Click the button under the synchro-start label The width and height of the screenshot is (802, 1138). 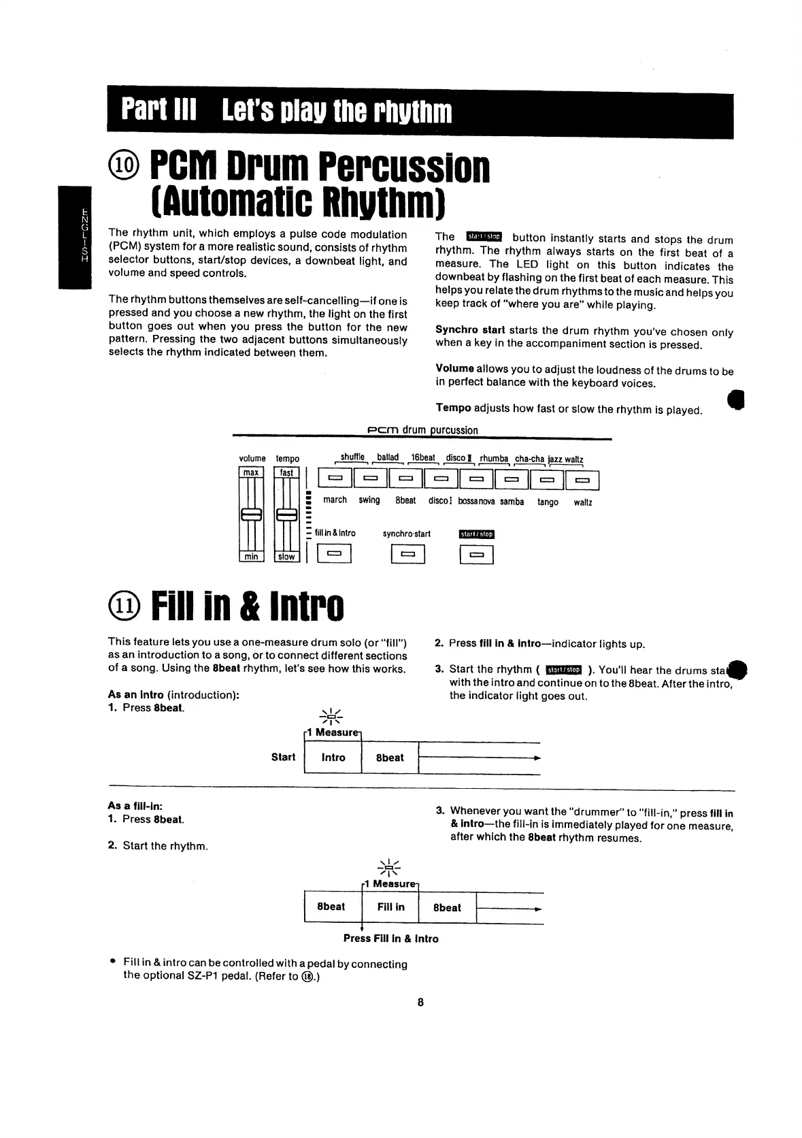pos(408,555)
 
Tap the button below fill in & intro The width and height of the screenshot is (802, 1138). pos(333,555)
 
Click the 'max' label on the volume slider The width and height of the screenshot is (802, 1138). pos(251,472)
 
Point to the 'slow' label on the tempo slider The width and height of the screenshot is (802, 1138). pos(286,557)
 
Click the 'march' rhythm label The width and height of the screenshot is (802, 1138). pos(335,500)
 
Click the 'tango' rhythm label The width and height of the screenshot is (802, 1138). pos(548,502)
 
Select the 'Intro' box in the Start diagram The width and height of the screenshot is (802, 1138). pos(333,758)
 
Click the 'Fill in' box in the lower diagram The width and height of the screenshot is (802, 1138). pos(391,907)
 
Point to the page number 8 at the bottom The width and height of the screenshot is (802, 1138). pos(420,1002)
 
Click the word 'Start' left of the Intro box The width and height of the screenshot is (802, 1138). pos(283,758)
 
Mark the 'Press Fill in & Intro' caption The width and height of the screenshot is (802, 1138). pos(390,939)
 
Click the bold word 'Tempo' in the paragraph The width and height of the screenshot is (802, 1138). pos(453,408)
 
